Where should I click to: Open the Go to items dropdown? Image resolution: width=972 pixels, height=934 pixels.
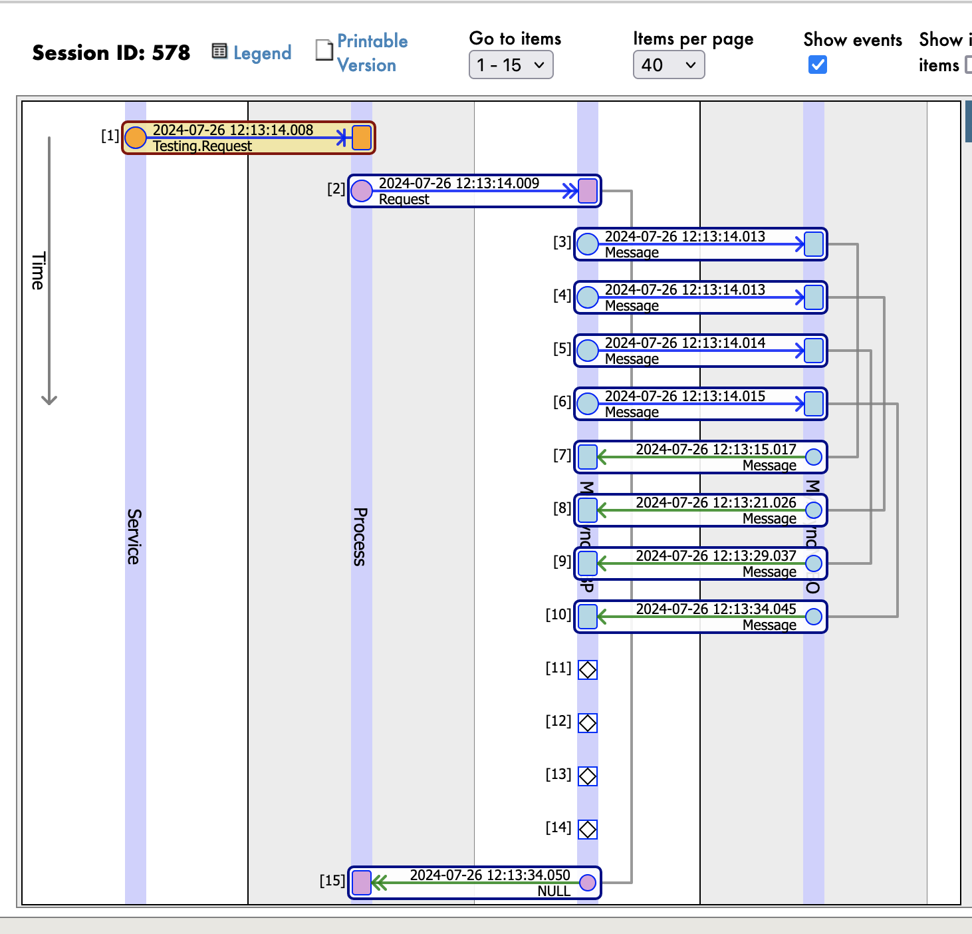[x=511, y=65]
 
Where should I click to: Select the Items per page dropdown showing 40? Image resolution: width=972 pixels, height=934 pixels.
[x=668, y=65]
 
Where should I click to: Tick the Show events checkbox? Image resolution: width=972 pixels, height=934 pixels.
[x=818, y=65]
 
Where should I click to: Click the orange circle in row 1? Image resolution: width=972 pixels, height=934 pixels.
[x=136, y=138]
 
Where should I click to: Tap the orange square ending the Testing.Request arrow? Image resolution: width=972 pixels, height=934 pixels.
[x=362, y=138]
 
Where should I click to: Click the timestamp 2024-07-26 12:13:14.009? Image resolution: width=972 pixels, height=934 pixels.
[x=459, y=183]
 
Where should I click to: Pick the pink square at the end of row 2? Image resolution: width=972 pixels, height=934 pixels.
[x=588, y=191]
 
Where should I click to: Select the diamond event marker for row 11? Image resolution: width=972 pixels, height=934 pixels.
[x=588, y=670]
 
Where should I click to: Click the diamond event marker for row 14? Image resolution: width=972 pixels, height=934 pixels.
[x=588, y=830]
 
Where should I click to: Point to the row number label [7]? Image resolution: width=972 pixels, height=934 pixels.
[x=562, y=455]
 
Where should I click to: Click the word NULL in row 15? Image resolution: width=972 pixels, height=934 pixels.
[x=554, y=891]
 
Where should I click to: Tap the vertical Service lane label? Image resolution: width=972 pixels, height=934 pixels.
[x=134, y=536]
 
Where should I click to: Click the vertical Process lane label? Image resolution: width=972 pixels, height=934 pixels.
[x=360, y=536]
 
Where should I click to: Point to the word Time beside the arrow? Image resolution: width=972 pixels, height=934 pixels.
[x=38, y=271]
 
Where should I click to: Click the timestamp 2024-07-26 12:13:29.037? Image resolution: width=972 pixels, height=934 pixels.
[x=716, y=555]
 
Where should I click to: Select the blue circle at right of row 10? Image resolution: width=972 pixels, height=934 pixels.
[x=814, y=617]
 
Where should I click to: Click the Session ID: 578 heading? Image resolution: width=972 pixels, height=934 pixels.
[x=111, y=53]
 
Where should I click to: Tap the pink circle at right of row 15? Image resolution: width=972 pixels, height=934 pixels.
[x=588, y=883]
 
